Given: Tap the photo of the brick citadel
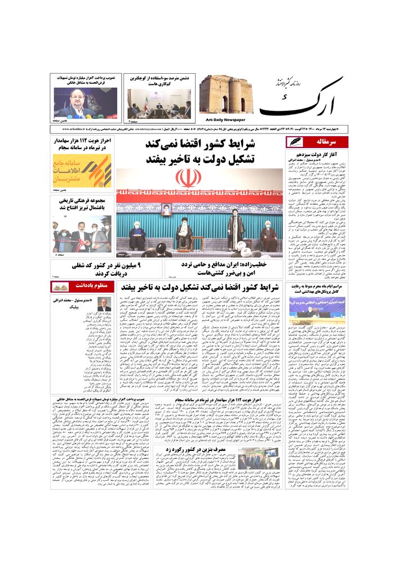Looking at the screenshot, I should pos(225,94).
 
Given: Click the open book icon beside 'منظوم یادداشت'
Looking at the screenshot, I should pos(60,287).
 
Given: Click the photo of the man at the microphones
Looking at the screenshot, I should pos(85,102).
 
